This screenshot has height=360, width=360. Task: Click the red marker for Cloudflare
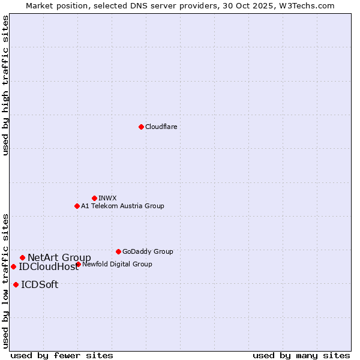(x=141, y=127)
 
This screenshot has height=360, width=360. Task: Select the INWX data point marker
(x=94, y=198)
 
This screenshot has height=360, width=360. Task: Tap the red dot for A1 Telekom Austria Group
(x=77, y=206)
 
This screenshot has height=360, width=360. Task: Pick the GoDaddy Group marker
(x=118, y=251)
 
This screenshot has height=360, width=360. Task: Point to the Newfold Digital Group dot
(x=78, y=264)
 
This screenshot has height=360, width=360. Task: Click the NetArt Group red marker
(x=22, y=257)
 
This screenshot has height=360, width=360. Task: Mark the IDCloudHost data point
(x=13, y=266)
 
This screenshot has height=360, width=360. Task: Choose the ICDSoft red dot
(x=16, y=284)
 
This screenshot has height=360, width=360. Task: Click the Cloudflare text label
(x=161, y=127)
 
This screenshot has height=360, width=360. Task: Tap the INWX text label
(x=107, y=198)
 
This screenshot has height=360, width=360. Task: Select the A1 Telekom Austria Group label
(x=122, y=206)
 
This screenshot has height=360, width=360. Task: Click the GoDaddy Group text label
(x=148, y=251)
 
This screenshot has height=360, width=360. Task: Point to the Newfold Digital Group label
(x=117, y=264)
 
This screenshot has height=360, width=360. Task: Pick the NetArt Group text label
(x=59, y=258)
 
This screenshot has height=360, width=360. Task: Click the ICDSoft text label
(x=40, y=285)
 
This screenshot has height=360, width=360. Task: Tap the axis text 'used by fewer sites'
(x=62, y=355)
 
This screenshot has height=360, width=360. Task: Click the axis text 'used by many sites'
(x=301, y=355)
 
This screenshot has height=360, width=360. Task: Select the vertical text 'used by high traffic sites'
(x=5, y=85)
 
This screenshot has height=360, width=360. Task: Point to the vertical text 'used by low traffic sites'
(x=5, y=280)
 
